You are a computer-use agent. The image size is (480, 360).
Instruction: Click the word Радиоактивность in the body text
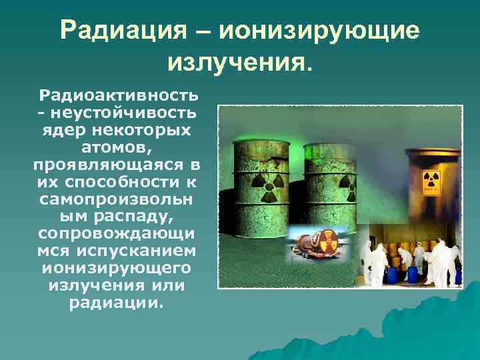point(118,92)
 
